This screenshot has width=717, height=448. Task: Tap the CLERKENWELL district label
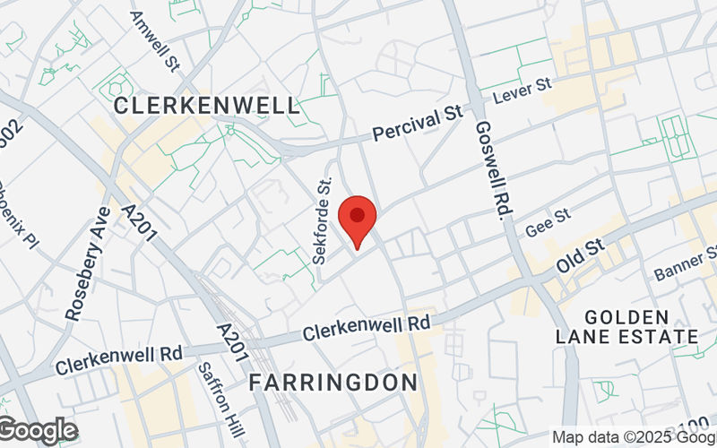[207, 106]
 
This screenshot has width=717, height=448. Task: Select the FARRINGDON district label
[333, 383]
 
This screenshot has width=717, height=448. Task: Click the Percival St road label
[417, 126]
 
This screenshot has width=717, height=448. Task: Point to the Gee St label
[548, 223]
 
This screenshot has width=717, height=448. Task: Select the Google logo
[39, 431]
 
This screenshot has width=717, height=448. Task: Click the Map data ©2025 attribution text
[633, 437]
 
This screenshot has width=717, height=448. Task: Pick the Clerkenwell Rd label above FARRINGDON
[367, 327]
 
